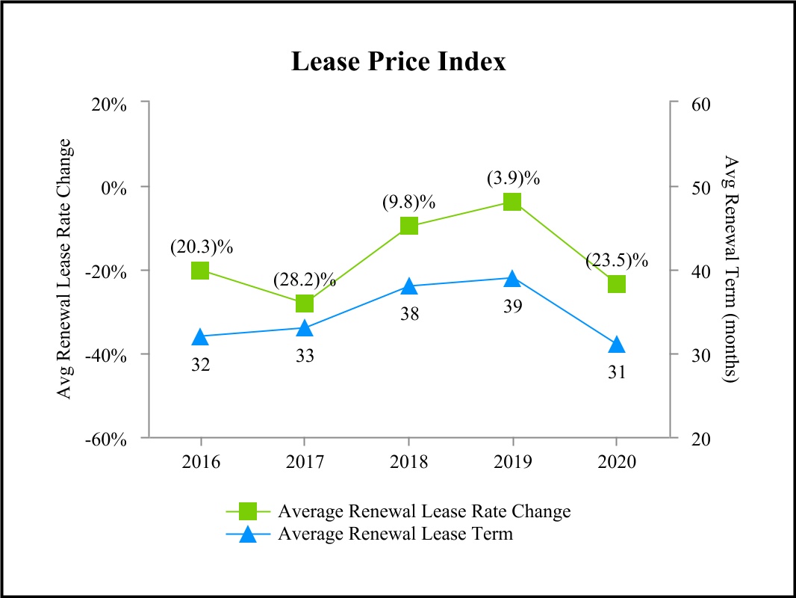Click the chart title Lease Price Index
coord(398,61)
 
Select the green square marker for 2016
coord(200,270)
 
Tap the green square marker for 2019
coord(512,202)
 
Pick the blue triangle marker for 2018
coord(408,286)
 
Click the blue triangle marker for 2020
coord(616,345)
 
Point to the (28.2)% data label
coord(305,280)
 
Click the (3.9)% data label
coord(513,179)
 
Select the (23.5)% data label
coord(617,260)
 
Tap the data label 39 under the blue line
coord(513,306)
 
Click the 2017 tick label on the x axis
coord(304,461)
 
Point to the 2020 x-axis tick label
coord(616,461)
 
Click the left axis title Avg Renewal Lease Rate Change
coord(66,269)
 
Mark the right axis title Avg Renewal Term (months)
coord(731,269)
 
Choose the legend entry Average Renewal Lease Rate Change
coord(423,511)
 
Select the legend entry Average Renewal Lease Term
coord(395,534)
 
